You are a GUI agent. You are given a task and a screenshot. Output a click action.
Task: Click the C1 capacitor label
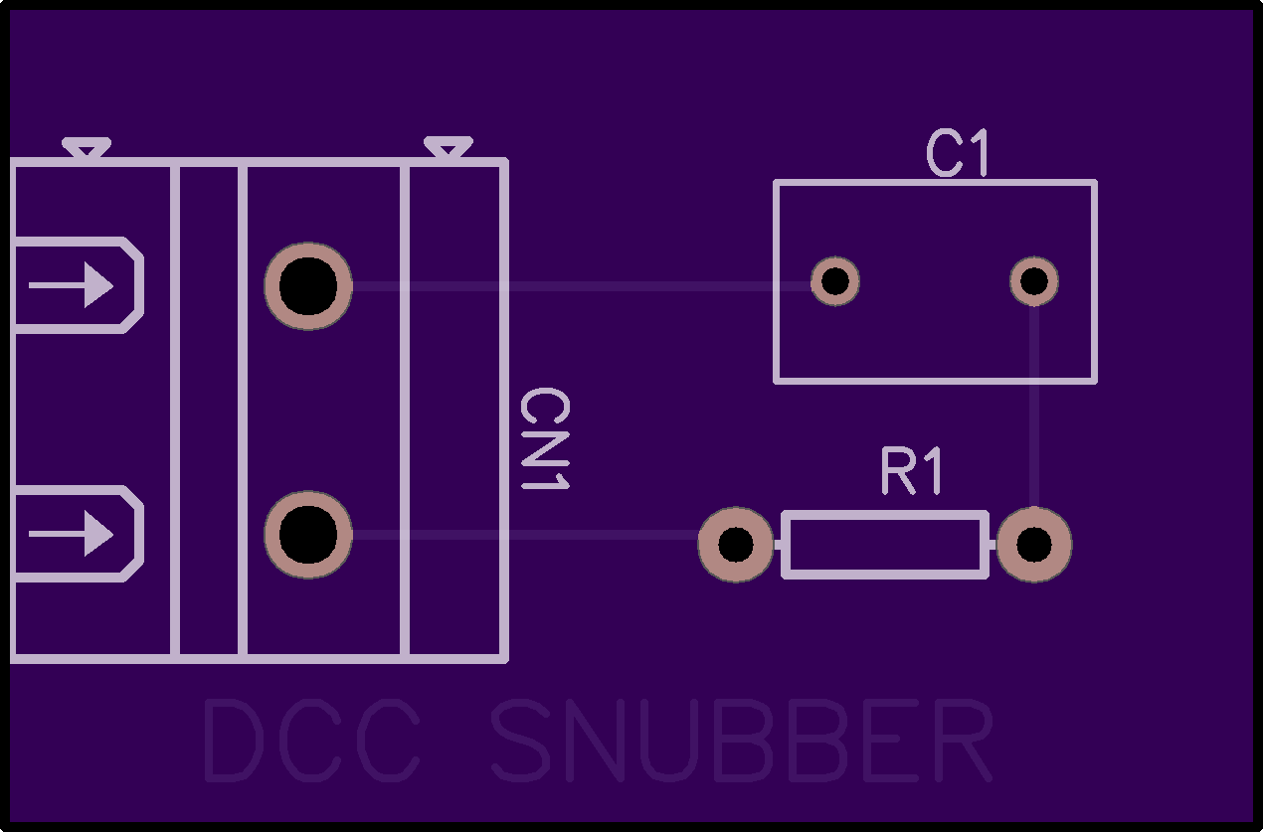point(959,154)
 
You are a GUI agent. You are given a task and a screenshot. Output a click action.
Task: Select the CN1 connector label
point(544,438)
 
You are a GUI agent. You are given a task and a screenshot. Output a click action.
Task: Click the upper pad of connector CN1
point(308,286)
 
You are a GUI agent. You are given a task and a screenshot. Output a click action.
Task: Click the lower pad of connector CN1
point(308,535)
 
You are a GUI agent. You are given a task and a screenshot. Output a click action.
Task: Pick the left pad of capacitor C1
point(835,281)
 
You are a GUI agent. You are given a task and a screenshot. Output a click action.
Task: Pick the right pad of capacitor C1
point(1034,281)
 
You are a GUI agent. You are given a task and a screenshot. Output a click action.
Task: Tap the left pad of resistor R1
point(736,545)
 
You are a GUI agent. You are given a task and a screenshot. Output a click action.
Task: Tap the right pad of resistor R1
point(1034,545)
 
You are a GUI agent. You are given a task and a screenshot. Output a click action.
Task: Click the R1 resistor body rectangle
point(885,545)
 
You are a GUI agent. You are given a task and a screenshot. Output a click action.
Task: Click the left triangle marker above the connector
point(87,149)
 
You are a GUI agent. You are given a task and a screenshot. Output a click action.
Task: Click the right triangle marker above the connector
point(448,149)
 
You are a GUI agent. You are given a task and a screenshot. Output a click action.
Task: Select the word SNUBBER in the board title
point(742,742)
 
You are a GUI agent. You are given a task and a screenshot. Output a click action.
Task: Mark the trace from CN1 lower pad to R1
point(527,535)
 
